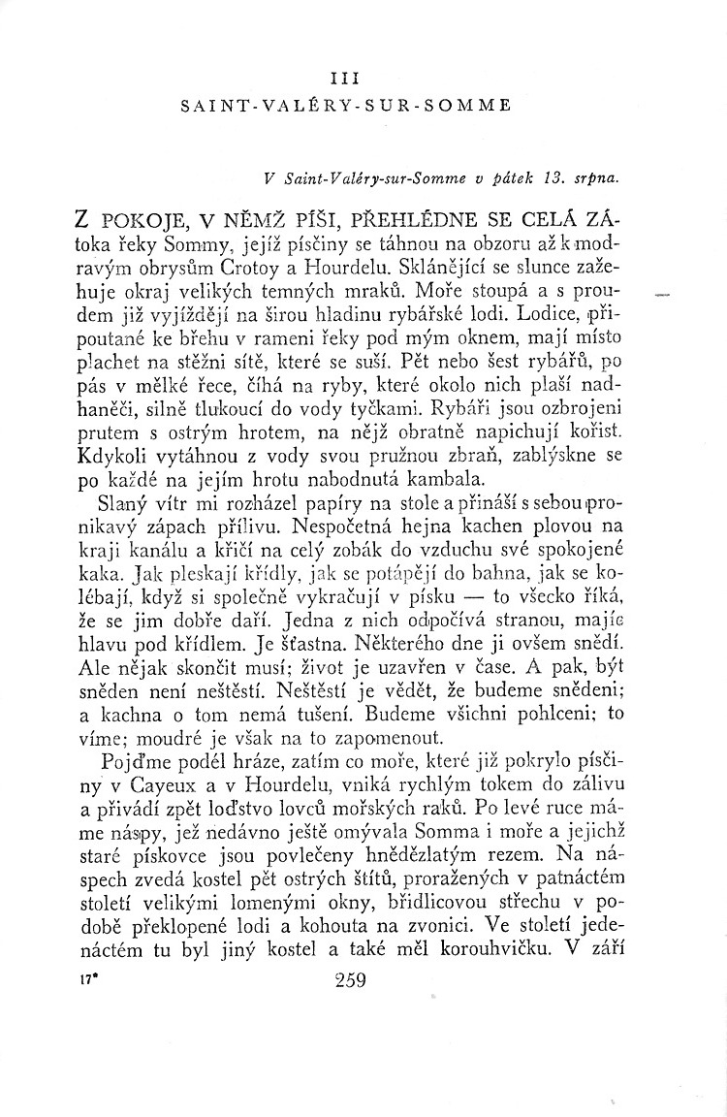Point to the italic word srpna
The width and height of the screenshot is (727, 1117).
click(595, 177)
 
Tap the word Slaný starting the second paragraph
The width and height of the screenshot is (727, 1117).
click(120, 503)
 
